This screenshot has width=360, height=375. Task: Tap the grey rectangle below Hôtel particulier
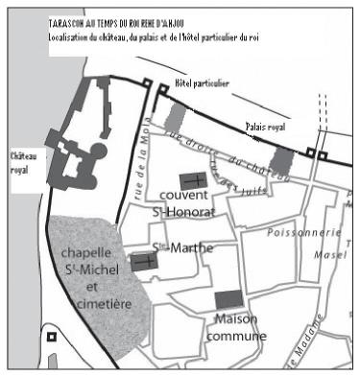(174, 117)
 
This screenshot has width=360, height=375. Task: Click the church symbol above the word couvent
(193, 178)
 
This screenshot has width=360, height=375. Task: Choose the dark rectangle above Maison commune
(228, 298)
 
